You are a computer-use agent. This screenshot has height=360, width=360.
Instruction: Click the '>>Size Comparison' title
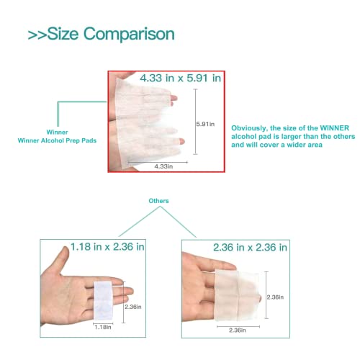[x=102, y=34]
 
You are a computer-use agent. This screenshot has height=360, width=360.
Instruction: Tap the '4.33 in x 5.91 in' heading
[x=181, y=78]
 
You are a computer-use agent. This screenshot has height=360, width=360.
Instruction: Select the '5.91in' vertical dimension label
[x=205, y=124]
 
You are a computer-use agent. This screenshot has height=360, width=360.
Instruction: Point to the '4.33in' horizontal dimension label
[x=163, y=166]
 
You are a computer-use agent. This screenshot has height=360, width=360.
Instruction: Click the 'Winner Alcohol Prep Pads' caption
[x=57, y=140]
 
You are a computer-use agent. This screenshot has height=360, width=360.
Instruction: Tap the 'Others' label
[x=158, y=201]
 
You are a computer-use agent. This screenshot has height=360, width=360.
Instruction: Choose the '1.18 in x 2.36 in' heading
[x=107, y=247]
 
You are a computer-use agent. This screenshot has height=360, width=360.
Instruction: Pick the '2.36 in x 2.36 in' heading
[x=250, y=248]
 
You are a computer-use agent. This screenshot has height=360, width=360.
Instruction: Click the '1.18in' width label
[x=103, y=327]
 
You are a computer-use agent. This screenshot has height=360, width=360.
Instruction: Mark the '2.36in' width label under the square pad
[x=238, y=330]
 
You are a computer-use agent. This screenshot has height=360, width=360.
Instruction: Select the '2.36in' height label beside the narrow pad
[x=133, y=307]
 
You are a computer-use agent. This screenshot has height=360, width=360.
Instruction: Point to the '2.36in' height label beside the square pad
[x=275, y=297]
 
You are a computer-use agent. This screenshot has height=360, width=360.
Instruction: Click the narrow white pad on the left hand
[x=103, y=300]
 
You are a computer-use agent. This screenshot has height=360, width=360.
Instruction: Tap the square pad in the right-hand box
[x=237, y=296]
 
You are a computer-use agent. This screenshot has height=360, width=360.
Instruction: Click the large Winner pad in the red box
[x=147, y=122]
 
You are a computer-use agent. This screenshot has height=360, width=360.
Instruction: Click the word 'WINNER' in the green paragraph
[x=335, y=128]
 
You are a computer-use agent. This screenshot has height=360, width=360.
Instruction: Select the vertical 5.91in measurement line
[x=196, y=122]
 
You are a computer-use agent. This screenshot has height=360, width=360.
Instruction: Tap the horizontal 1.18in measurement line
[x=103, y=323]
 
